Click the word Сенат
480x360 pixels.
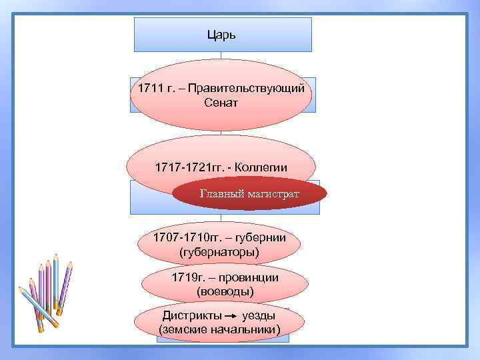pyautogui.click(x=221, y=103)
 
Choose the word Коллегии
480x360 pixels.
pyautogui.click(x=259, y=167)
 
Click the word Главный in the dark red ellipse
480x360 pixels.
pyautogui.click(x=218, y=194)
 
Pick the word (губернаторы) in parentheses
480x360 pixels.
pyautogui.click(x=219, y=251)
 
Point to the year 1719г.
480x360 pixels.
pyautogui.click(x=185, y=277)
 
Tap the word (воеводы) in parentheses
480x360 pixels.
pyautogui.click(x=225, y=291)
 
